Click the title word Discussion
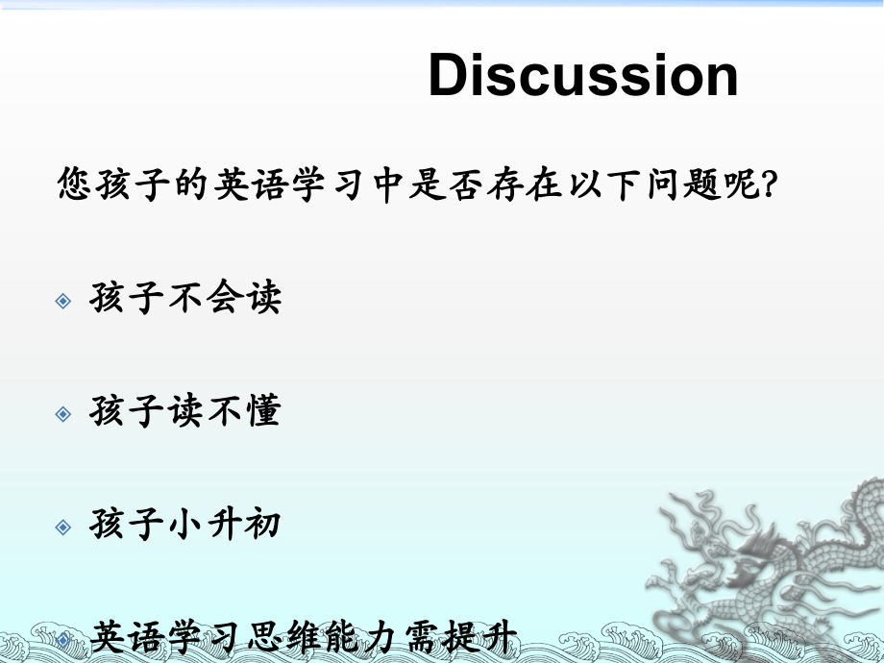(583, 76)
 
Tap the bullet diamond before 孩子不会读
(63, 301)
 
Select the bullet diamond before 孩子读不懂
(63, 414)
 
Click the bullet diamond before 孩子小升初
(63, 528)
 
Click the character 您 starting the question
(74, 184)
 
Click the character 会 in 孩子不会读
(223, 298)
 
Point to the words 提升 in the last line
(481, 637)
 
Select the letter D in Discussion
(452, 76)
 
